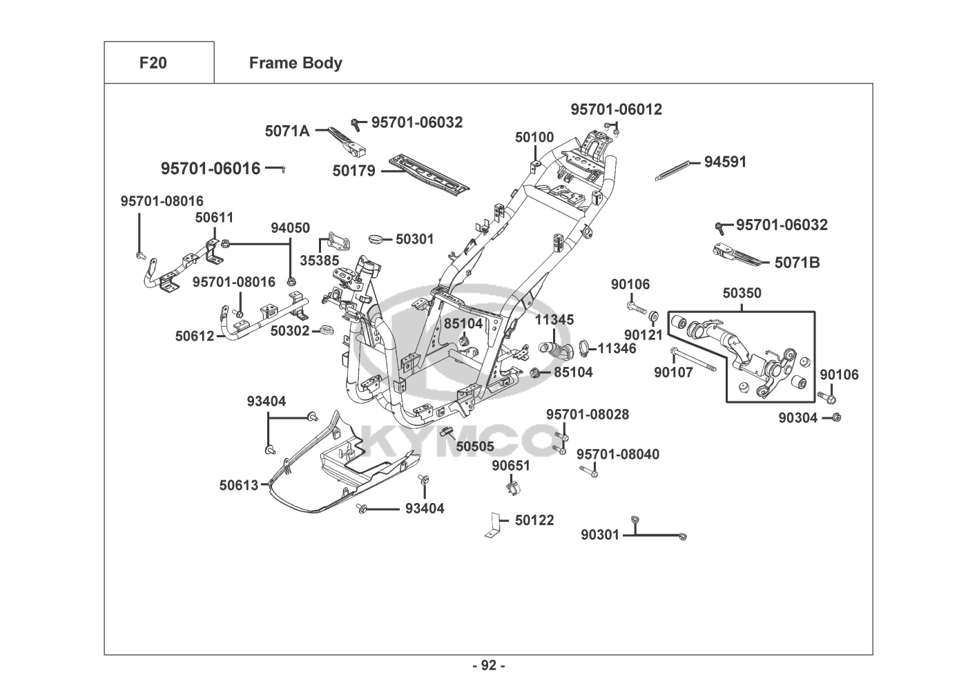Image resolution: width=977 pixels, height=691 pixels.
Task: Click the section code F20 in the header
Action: (153, 63)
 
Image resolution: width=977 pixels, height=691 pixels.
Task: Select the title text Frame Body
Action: (296, 63)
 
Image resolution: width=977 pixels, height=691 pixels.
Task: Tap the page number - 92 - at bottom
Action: (488, 665)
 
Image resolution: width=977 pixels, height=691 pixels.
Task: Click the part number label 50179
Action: (354, 171)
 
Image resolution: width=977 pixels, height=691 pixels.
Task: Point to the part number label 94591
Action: (725, 162)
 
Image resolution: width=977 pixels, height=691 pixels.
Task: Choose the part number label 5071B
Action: (797, 263)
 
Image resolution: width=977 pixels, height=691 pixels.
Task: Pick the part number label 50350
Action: (742, 293)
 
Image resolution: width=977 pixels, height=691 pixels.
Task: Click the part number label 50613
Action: (239, 485)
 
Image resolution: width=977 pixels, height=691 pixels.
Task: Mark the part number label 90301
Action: (600, 535)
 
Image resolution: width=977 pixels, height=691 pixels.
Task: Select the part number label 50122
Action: (534, 520)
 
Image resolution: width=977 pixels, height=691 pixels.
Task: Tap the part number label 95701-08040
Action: (617, 454)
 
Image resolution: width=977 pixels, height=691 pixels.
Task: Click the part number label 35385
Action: (319, 261)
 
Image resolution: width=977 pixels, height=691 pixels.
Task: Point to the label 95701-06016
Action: (211, 169)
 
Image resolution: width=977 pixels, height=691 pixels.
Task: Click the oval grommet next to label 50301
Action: (377, 239)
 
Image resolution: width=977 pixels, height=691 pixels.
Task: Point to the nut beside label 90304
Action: (836, 417)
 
